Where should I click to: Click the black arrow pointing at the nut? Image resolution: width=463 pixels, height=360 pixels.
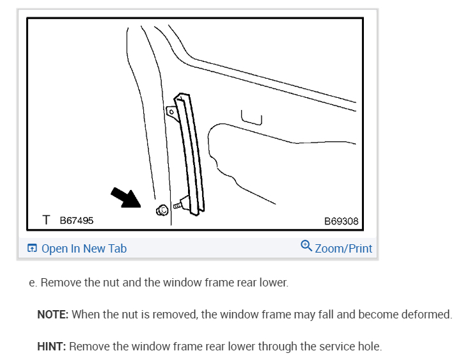[126, 198]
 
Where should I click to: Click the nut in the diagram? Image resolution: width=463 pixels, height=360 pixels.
[162, 209]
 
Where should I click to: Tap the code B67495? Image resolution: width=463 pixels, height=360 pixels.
[77, 221]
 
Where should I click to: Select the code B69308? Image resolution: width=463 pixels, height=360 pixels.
[341, 221]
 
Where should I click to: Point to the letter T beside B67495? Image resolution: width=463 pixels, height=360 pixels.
[46, 220]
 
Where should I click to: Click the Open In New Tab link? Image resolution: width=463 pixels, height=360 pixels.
[84, 249]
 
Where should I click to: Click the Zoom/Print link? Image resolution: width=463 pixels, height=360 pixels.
[343, 249]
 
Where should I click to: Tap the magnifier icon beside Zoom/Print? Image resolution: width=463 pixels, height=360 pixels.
[306, 246]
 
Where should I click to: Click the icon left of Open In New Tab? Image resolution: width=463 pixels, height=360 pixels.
[32, 249]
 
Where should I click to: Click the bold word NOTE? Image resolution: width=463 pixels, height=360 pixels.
[53, 315]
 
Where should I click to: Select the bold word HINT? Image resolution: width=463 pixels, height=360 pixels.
[52, 347]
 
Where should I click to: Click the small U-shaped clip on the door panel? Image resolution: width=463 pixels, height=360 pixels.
[251, 116]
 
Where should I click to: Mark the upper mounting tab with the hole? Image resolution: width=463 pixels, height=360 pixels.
[171, 111]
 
